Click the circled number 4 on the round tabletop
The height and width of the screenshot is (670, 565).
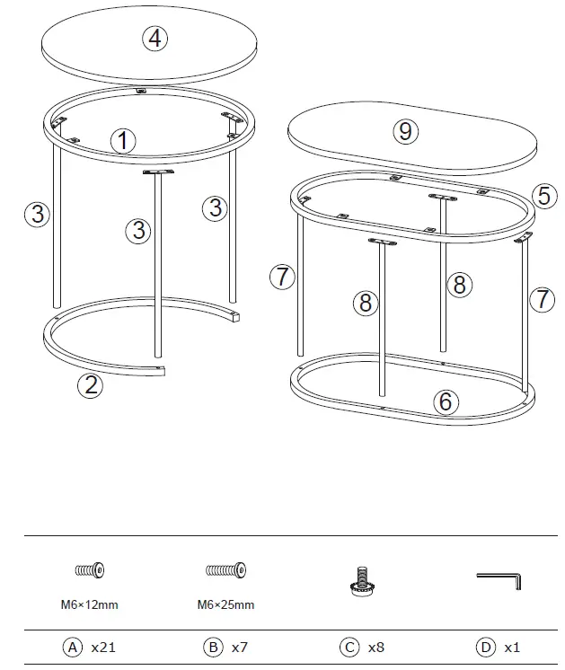(x=156, y=38)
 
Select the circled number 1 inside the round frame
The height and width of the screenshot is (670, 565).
(x=123, y=140)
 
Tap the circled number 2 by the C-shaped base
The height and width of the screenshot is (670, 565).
(x=89, y=385)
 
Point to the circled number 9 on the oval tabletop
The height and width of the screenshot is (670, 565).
(x=406, y=132)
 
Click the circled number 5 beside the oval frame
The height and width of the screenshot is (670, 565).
(x=543, y=195)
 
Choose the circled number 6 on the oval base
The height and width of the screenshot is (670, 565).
(x=446, y=401)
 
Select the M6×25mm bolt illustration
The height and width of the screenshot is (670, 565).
(x=226, y=570)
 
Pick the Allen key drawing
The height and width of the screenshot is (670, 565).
(x=499, y=580)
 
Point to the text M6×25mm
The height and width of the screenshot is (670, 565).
(x=225, y=604)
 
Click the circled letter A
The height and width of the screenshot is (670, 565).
(x=71, y=647)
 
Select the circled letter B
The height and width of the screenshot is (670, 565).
(x=213, y=647)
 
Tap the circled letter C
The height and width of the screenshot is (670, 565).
(x=349, y=647)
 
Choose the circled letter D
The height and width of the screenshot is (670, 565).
(x=484, y=647)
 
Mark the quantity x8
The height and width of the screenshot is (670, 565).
(x=376, y=647)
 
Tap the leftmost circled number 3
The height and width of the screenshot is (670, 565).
(x=36, y=213)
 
